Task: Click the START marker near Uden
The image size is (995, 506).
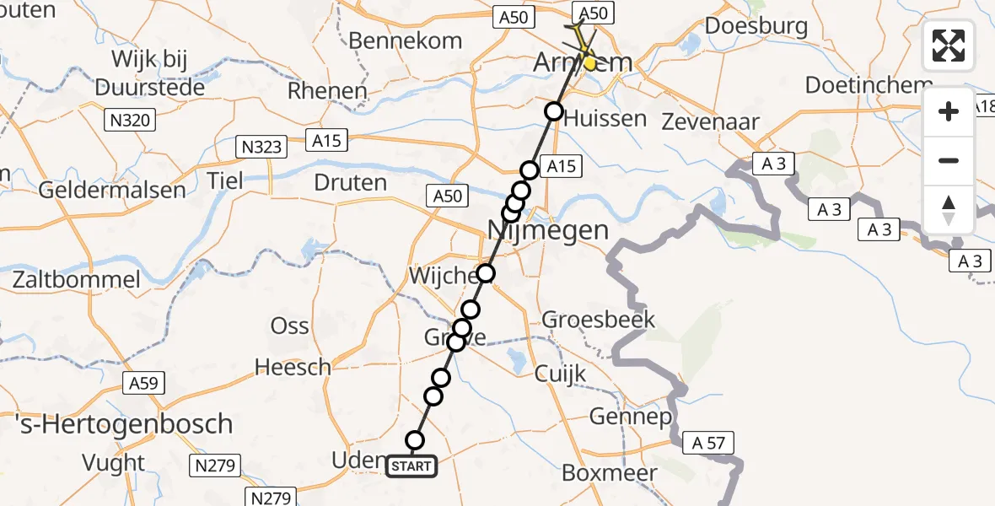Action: point(411,466)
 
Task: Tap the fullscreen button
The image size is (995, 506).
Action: point(949,46)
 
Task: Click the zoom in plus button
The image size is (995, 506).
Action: point(949,111)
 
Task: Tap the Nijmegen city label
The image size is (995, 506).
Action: point(549,229)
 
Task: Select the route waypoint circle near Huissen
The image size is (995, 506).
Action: point(553,111)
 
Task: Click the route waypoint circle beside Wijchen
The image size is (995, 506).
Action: point(486,273)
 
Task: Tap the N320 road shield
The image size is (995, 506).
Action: point(130,121)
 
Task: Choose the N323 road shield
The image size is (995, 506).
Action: point(260,147)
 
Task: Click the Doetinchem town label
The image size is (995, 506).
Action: point(869,85)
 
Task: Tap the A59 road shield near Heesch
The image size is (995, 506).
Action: point(144,384)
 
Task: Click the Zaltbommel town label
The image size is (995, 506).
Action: point(76,279)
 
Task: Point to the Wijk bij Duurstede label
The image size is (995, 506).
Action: point(149,73)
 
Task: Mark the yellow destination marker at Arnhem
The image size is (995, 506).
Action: point(590,63)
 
